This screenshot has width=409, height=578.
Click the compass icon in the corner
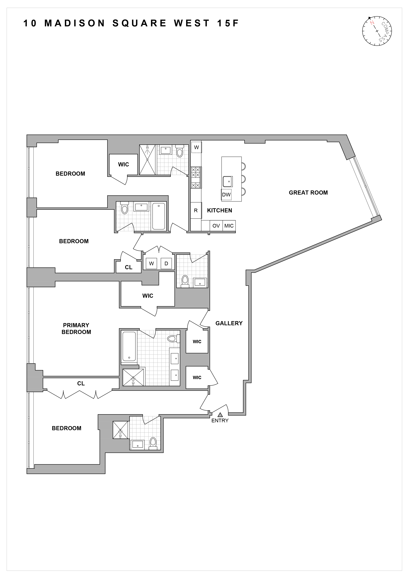tap(377, 31)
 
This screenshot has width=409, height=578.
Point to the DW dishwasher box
tap(226, 195)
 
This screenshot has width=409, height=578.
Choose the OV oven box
tap(216, 226)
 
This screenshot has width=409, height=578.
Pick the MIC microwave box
tap(229, 226)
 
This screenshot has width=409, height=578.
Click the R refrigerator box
tap(196, 210)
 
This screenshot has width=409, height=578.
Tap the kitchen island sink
tap(228, 181)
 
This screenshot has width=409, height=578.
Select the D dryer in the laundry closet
tap(166, 264)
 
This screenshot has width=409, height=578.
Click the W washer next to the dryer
tap(151, 264)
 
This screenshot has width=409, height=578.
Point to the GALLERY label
tap(229, 323)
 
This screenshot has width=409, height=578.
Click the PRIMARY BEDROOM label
tap(76, 329)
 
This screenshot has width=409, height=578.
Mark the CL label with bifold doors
tap(81, 383)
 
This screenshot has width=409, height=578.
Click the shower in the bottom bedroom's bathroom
tap(120, 430)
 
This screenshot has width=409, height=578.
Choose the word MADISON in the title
tap(75, 23)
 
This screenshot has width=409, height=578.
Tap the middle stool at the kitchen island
tap(243, 179)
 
